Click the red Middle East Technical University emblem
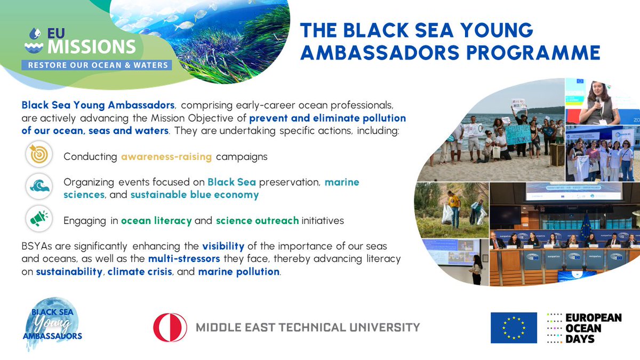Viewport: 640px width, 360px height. pos(170,327)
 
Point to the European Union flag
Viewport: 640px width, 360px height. pos(514,327)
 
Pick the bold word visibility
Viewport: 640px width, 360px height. pos(223,246)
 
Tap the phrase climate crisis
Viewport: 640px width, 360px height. pos(137,271)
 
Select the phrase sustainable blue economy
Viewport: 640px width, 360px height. pos(195,195)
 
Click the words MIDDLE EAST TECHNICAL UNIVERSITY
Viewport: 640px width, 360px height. pos(308,327)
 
